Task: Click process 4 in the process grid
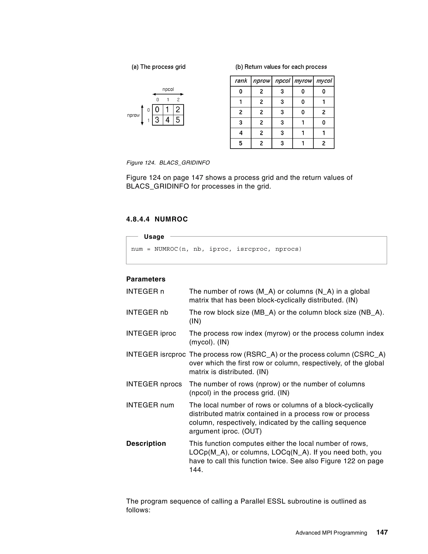pyautogui.click(x=168, y=120)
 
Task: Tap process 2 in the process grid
pyautogui.click(x=178, y=110)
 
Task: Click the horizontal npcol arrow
pyautogui.click(x=168, y=94)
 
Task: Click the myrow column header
pyautogui.click(x=303, y=81)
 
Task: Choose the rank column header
pyautogui.click(x=241, y=81)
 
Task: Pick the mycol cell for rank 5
pyautogui.click(x=324, y=143)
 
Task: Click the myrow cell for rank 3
pyautogui.click(x=303, y=123)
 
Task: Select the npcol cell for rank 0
pyautogui.click(x=282, y=92)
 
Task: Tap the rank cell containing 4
pyautogui.click(x=241, y=133)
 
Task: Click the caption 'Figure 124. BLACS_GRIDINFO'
pyautogui.click(x=168, y=163)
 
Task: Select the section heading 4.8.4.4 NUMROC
pyautogui.click(x=157, y=219)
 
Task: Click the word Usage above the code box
pyautogui.click(x=154, y=237)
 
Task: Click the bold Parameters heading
pyautogui.click(x=146, y=279)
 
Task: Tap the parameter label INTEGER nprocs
pyautogui.click(x=154, y=384)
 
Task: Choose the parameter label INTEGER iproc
pyautogui.click(x=151, y=333)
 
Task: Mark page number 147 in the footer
pyautogui.click(x=382, y=532)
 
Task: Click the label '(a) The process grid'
pyautogui.click(x=158, y=67)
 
